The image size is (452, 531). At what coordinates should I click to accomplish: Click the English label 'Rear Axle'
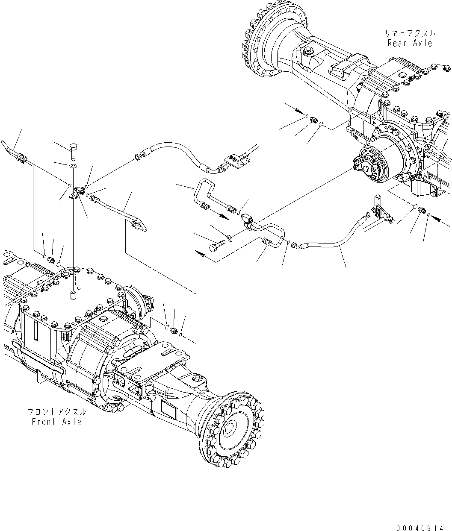pyautogui.click(x=410, y=43)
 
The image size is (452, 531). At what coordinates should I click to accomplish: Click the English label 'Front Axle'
pyautogui.click(x=56, y=422)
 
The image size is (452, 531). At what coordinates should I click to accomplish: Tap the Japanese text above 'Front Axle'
pyautogui.click(x=56, y=412)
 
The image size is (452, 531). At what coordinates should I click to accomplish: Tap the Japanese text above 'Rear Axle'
pyautogui.click(x=410, y=33)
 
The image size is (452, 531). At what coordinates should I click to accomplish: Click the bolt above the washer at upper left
pyautogui.click(x=73, y=149)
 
